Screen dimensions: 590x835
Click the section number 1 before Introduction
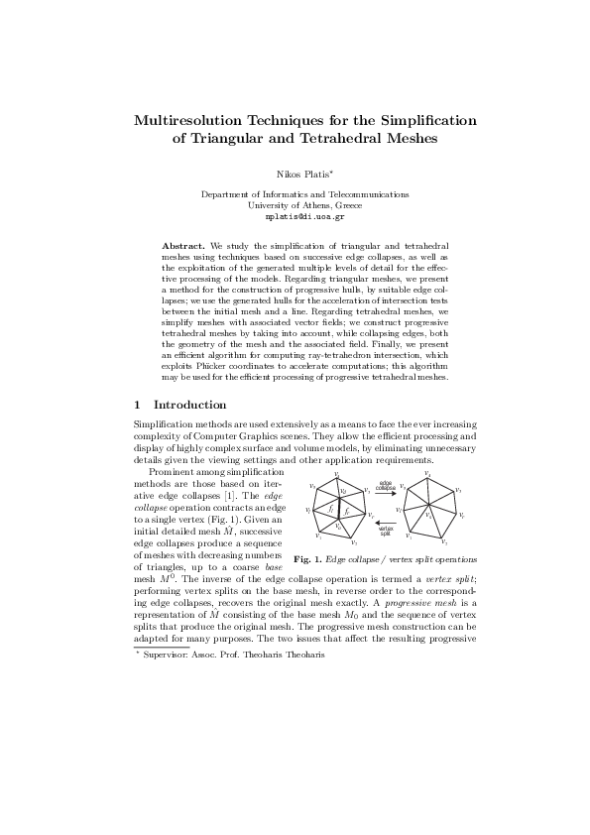pos(137,405)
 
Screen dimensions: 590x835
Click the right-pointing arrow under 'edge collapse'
pos(387,494)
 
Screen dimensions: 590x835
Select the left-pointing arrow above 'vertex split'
pos(387,524)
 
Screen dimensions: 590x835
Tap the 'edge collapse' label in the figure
pos(386,486)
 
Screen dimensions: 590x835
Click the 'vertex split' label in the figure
pos(386,532)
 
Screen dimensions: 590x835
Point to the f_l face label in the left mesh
pos(330,508)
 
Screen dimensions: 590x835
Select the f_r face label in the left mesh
pos(347,508)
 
